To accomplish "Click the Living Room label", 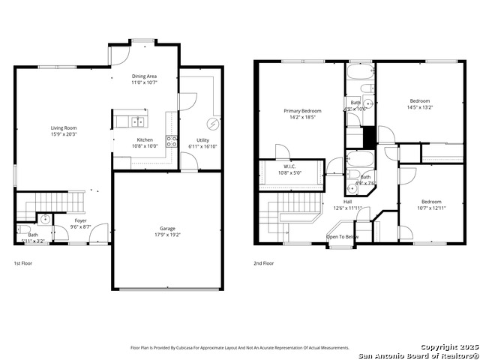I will coord(64,128).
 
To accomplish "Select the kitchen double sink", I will coord(139,121).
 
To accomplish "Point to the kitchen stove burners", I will coord(171,143).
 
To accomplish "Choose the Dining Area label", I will coord(144,76).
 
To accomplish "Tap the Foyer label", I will coord(80,221).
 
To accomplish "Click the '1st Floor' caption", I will coord(23,263).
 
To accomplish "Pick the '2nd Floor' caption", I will coord(263,263).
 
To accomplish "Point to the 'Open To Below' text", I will coord(342,237).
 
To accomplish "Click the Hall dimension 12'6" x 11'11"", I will coord(348,208).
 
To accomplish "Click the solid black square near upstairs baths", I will coord(367,138).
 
